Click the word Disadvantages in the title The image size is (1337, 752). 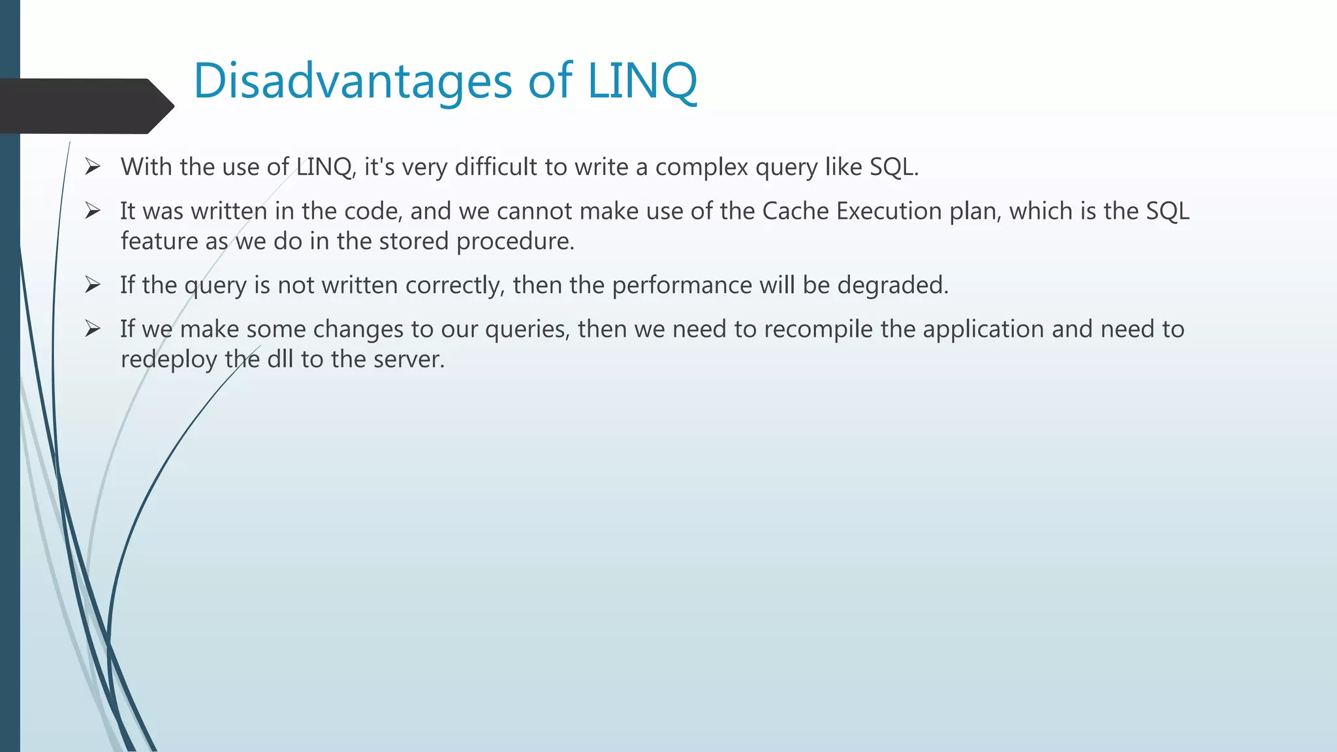(x=353, y=81)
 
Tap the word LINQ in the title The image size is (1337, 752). (x=642, y=81)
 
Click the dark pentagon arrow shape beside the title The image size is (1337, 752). (x=85, y=106)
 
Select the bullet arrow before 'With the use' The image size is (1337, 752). (x=92, y=167)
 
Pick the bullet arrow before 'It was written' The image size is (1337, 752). (x=92, y=211)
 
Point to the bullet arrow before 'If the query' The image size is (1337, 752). (x=92, y=285)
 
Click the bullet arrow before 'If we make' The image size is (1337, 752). (x=92, y=329)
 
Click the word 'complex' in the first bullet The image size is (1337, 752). (x=701, y=168)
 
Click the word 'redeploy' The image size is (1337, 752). (x=168, y=360)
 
